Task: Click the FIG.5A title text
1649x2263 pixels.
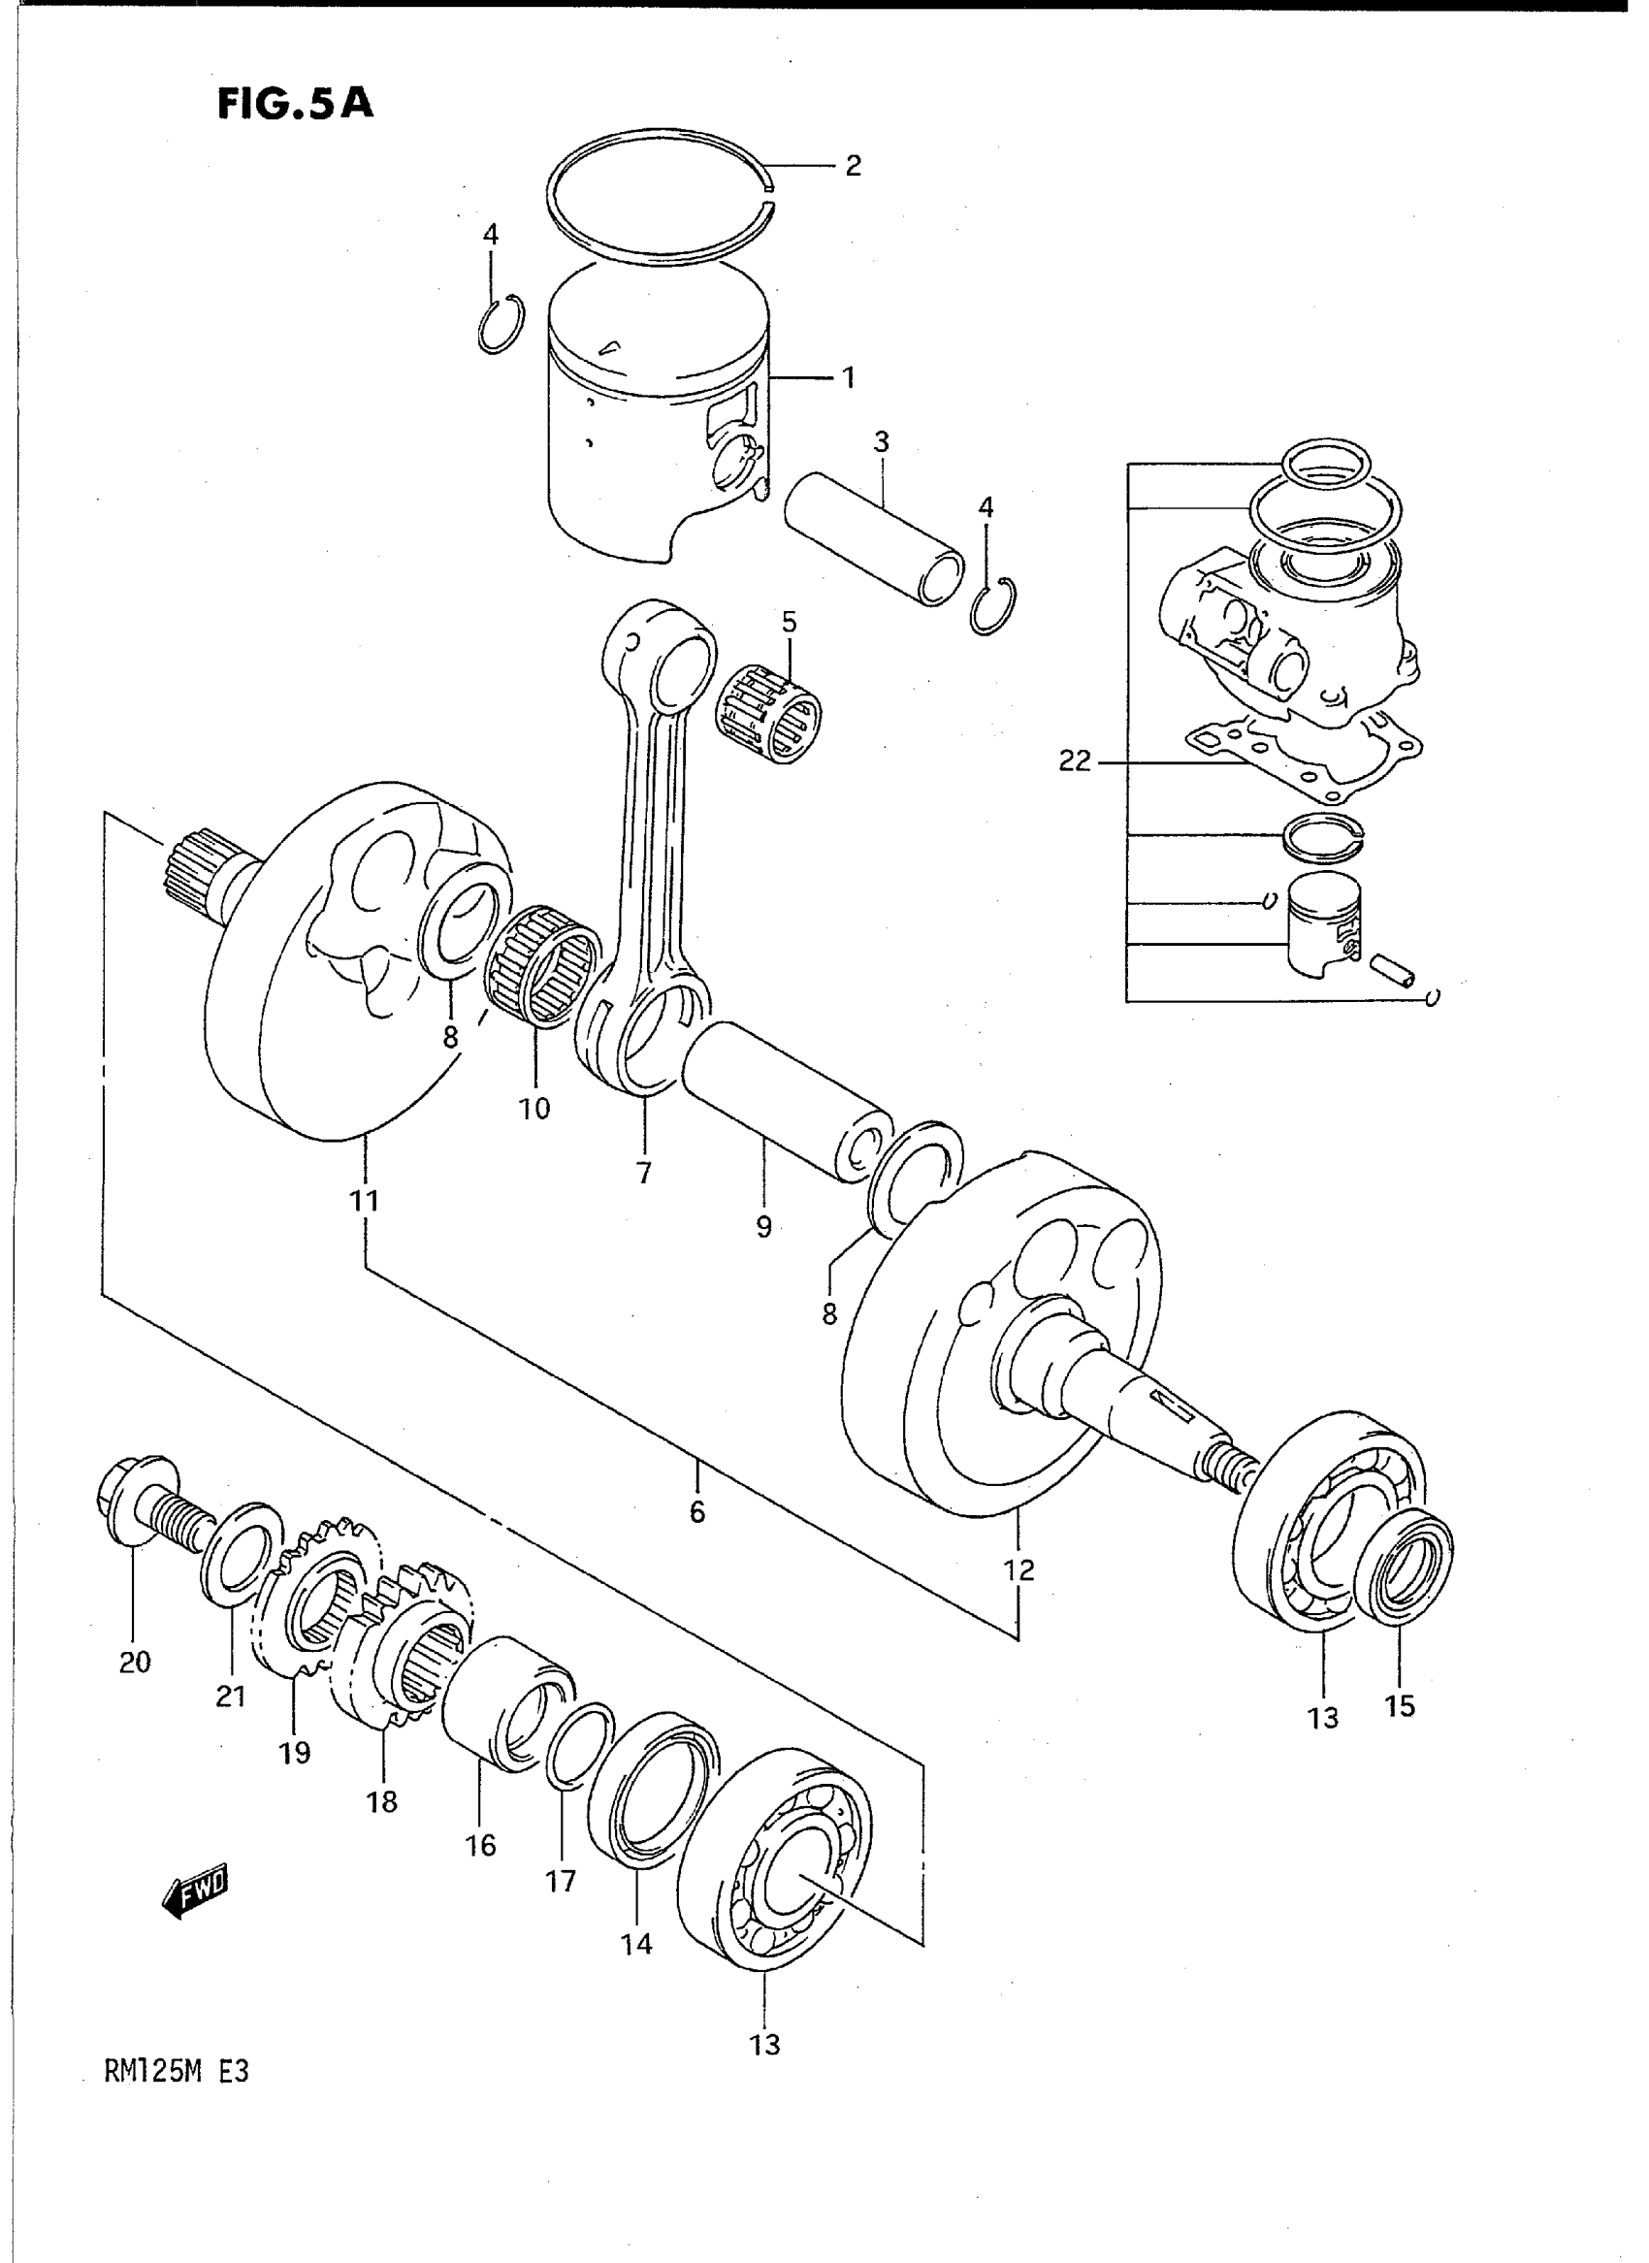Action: (x=296, y=103)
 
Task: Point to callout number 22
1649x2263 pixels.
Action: (x=1074, y=764)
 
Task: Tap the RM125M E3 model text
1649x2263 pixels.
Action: (x=176, y=2071)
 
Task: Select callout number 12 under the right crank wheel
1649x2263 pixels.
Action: (x=1019, y=1570)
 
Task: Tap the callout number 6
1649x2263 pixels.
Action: (x=696, y=1512)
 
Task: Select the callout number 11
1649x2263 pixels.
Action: (x=366, y=1201)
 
